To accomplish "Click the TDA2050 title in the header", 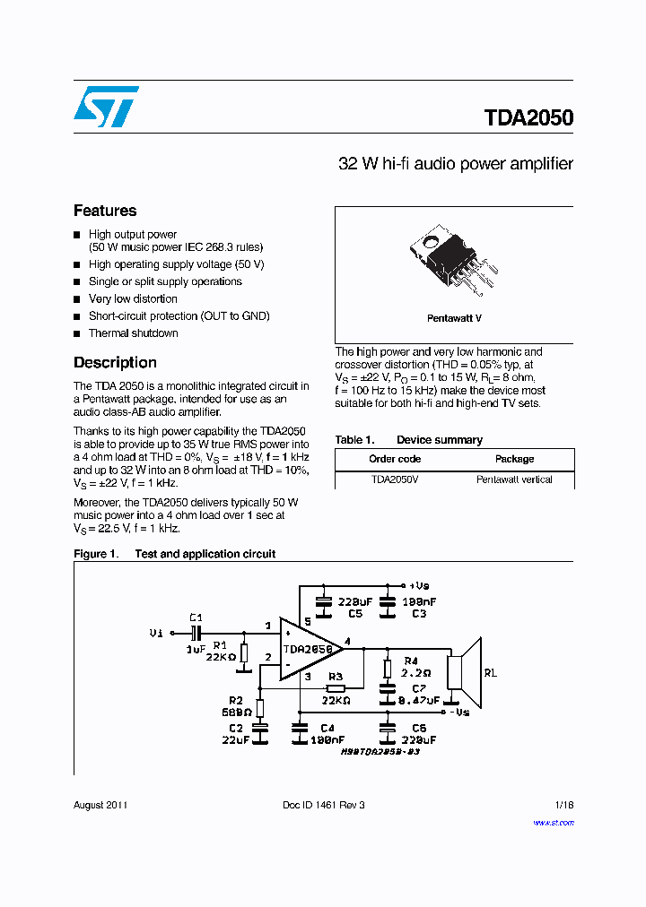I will coord(528,118).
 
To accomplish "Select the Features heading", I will coord(105,211).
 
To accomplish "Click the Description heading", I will coord(115,363).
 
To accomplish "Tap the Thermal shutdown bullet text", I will coord(133,333).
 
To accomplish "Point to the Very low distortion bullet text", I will coord(133,299).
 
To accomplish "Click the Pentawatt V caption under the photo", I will coord(454,318).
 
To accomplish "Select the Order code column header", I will coord(395,459).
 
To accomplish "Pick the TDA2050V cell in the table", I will coord(395,479).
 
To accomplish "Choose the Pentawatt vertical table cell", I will coord(514,479).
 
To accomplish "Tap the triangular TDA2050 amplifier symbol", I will coord(308,649).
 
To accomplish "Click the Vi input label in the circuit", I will coord(156,633).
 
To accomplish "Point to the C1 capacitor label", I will coord(196,618).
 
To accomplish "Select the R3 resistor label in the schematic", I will coord(335,677).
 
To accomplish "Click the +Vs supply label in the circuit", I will coord(420,583).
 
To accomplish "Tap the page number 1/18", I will coord(563,805).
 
